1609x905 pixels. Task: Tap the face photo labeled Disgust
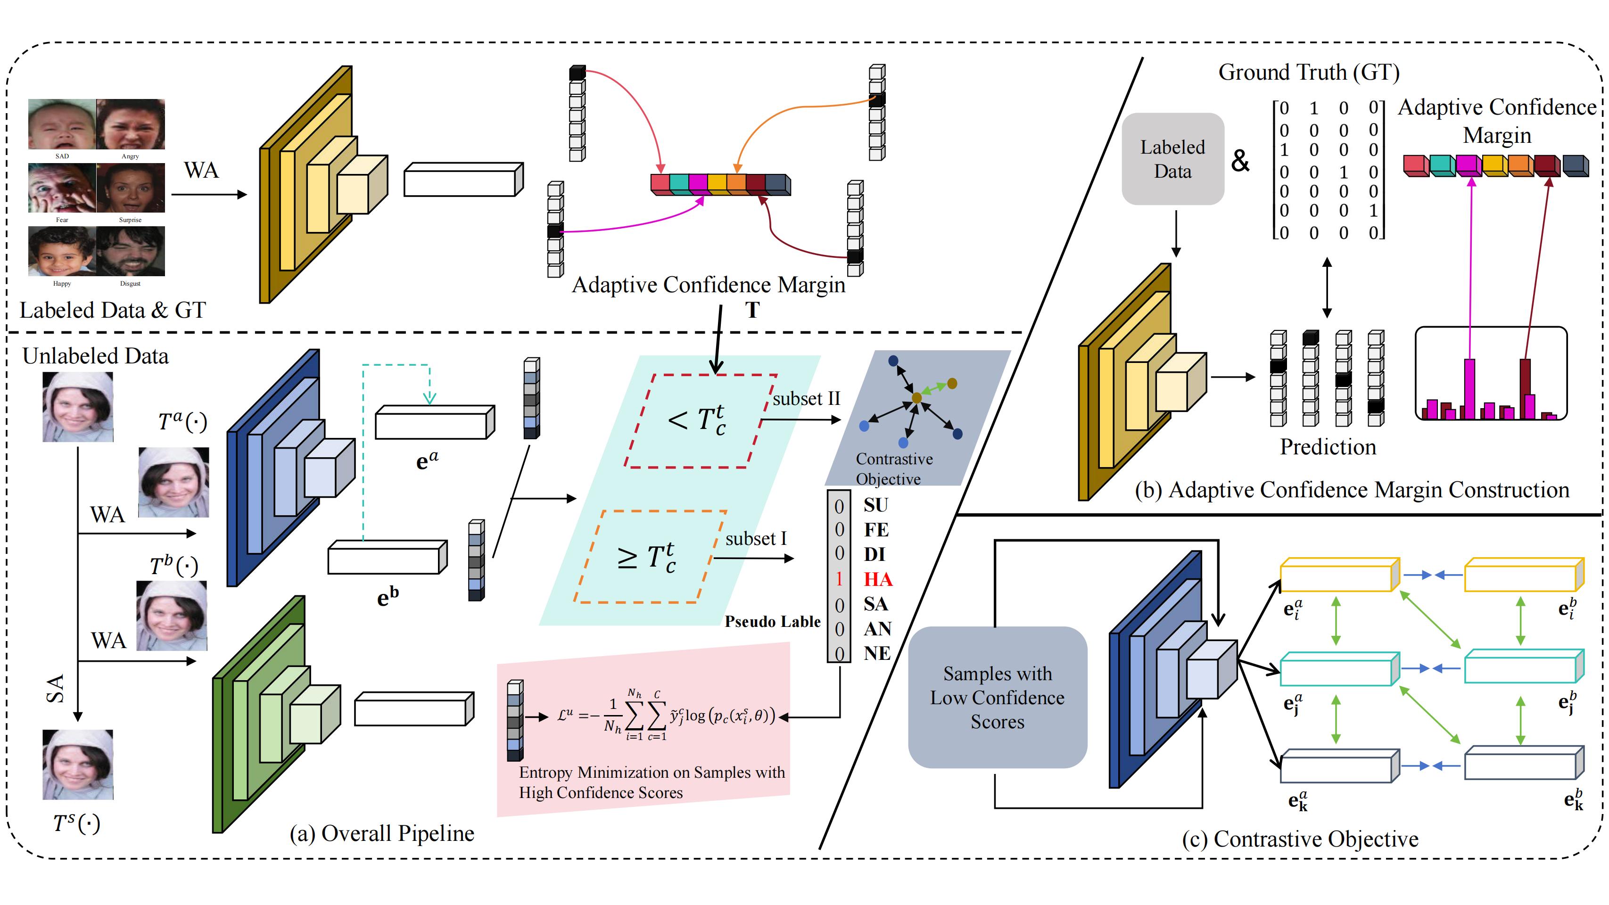(x=131, y=251)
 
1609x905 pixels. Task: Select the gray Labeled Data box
(x=1172, y=159)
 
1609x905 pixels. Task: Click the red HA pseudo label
(x=878, y=580)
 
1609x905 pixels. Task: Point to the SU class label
(x=876, y=505)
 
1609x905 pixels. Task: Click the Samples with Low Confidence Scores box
(x=998, y=698)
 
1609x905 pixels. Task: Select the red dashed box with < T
(x=700, y=420)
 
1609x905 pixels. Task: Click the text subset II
(x=806, y=398)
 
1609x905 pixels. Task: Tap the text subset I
(x=755, y=538)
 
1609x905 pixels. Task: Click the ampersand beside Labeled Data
(x=1240, y=161)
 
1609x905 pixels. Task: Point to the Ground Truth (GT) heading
(x=1309, y=73)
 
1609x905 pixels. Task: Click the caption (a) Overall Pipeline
(x=382, y=833)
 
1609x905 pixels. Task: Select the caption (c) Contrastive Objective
(x=1300, y=839)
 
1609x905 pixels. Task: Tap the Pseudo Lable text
(x=772, y=621)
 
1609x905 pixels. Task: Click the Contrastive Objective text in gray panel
(x=893, y=469)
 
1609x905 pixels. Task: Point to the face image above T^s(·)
(x=77, y=765)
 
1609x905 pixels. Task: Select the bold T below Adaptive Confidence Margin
(x=752, y=310)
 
